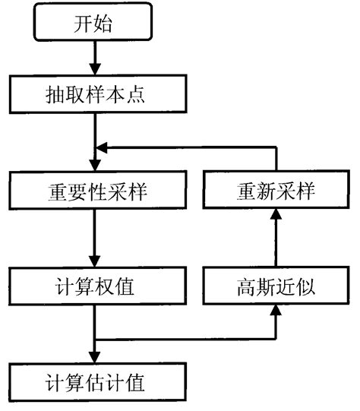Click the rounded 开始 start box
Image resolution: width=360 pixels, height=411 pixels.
[93, 24]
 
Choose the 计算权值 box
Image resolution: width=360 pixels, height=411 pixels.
[93, 288]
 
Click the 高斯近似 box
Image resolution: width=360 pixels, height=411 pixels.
[276, 288]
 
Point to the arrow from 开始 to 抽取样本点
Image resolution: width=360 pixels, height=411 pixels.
[94, 60]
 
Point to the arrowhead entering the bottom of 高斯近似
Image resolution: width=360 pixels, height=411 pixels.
[276, 314]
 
